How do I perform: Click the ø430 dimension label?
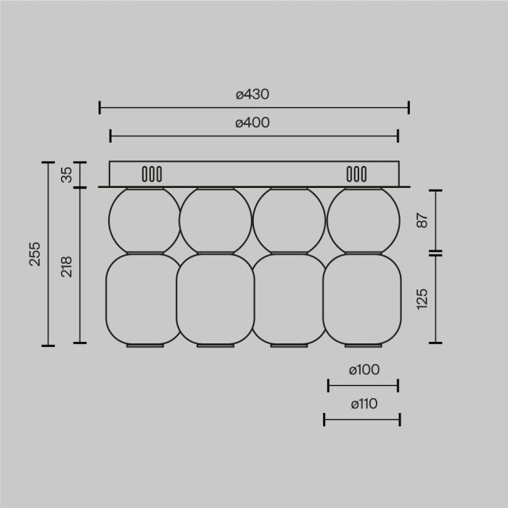pyautogui.click(x=253, y=94)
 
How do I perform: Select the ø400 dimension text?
pyautogui.click(x=253, y=123)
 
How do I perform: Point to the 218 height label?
pyautogui.click(x=67, y=266)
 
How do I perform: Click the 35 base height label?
pyautogui.click(x=67, y=175)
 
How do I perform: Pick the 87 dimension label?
pyautogui.click(x=422, y=221)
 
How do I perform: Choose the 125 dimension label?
pyautogui.click(x=422, y=298)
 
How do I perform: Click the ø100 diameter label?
pyautogui.click(x=363, y=369)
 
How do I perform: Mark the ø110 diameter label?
pyautogui.click(x=363, y=404)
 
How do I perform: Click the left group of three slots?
pyautogui.click(x=151, y=174)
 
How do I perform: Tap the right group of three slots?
pyautogui.click(x=356, y=174)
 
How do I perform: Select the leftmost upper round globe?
pyautogui.click(x=144, y=220)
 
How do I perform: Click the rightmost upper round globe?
pyautogui.click(x=363, y=220)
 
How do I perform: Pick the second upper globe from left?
pyautogui.click(x=216, y=220)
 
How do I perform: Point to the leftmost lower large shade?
pyautogui.click(x=143, y=299)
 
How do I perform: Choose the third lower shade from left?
pyautogui.click(x=288, y=299)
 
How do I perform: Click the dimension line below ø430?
pyautogui.click(x=254, y=107)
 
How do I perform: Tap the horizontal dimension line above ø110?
pyautogui.click(x=363, y=385)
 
